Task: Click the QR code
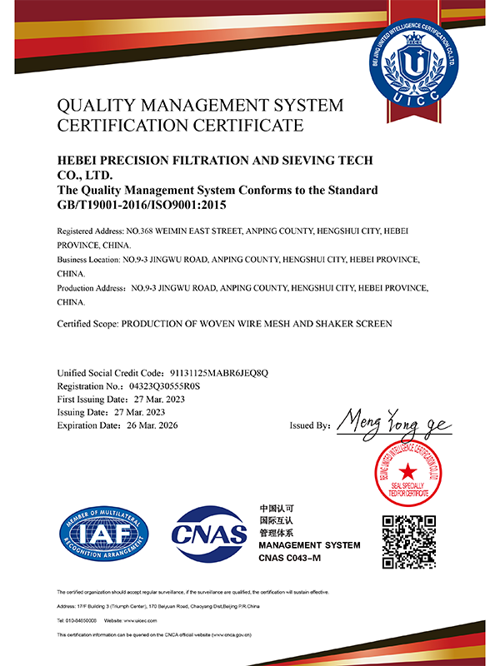409,542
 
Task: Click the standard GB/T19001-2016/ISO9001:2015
142,204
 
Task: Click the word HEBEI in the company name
80,161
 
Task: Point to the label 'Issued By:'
310,425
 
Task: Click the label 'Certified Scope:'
87,323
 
